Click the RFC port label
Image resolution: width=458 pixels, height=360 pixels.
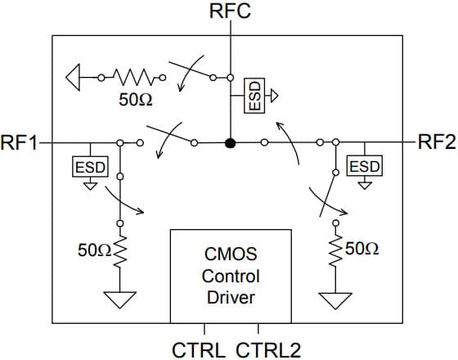230,11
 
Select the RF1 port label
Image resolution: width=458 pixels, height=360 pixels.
19,142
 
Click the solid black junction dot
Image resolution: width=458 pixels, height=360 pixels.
231,143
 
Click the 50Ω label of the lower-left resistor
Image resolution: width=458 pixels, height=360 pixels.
92,250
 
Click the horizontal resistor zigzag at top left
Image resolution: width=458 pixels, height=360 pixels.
130,79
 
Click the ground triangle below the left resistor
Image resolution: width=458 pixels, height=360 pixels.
120,300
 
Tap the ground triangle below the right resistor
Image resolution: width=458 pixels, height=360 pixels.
334,300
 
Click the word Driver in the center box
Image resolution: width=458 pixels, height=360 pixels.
230,296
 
